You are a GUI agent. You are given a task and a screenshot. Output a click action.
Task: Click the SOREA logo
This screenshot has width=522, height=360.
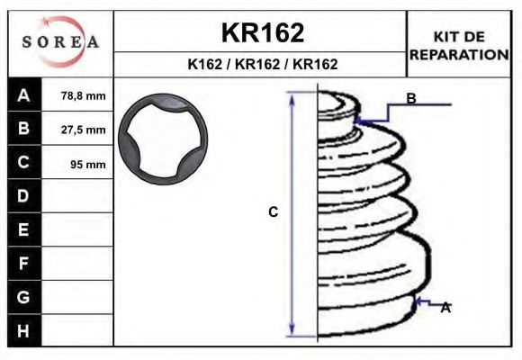pyautogui.click(x=60, y=43)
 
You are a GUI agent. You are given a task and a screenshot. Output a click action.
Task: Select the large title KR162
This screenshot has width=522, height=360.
pyautogui.click(x=262, y=32)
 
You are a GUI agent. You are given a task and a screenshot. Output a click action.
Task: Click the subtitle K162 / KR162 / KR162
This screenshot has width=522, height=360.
pyautogui.click(x=262, y=64)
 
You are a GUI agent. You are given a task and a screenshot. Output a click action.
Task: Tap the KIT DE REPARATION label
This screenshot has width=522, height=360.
pyautogui.click(x=459, y=45)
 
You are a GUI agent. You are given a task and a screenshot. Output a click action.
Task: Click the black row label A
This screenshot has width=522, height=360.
pyautogui.click(x=24, y=95)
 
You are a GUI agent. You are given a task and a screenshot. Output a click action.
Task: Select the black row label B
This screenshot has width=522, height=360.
pyautogui.click(x=24, y=129)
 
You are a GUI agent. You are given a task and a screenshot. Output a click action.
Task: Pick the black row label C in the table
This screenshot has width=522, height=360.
pyautogui.click(x=24, y=163)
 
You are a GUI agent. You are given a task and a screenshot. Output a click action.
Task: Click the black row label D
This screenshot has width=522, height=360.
pyautogui.click(x=24, y=196)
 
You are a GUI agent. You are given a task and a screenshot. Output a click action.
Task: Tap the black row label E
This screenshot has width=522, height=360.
pyautogui.click(x=24, y=229)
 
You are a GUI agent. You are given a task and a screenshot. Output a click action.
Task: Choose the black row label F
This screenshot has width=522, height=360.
pyautogui.click(x=24, y=263)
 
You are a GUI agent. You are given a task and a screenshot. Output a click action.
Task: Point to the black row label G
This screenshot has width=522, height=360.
pyautogui.click(x=24, y=296)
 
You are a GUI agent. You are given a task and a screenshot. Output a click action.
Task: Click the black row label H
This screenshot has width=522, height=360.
pyautogui.click(x=24, y=330)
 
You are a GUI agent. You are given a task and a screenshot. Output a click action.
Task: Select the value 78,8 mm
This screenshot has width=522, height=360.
pyautogui.click(x=83, y=95)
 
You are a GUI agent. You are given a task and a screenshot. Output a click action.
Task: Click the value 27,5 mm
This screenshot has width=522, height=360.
pyautogui.click(x=83, y=130)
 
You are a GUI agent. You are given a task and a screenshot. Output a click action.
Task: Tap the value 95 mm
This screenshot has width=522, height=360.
pyautogui.click(x=89, y=164)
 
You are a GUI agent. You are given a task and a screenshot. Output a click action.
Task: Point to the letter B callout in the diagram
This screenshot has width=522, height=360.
pyautogui.click(x=410, y=99)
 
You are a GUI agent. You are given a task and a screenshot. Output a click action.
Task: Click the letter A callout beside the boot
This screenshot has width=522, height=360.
pyautogui.click(x=445, y=308)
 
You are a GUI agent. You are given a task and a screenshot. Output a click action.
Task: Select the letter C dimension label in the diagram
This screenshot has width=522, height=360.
pyautogui.click(x=273, y=212)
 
